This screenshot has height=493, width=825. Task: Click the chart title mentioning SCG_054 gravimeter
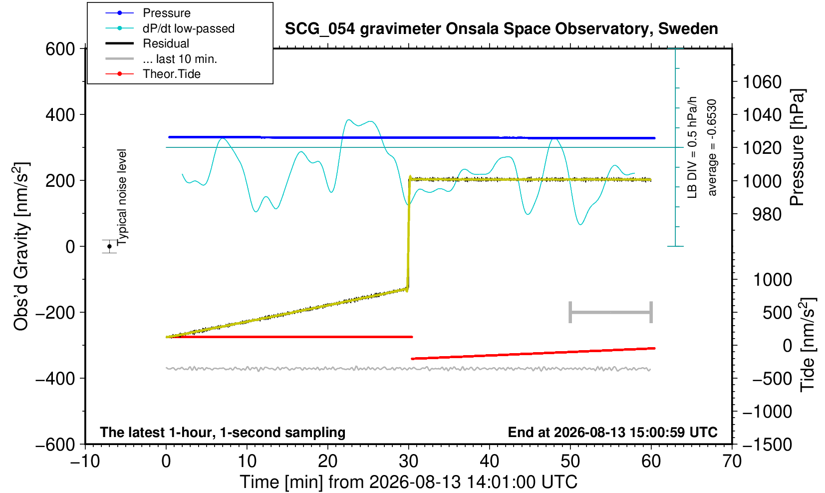(x=501, y=28)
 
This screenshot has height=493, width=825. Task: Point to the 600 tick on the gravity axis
(x=60, y=48)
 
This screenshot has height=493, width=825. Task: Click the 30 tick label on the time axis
(x=408, y=462)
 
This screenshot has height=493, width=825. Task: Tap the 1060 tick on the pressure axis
(x=762, y=81)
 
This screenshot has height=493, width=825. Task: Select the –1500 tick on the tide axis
(x=767, y=445)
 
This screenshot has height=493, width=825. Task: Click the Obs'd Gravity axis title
(x=21, y=246)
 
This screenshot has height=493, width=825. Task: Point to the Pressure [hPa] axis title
(x=798, y=147)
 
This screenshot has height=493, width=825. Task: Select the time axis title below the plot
(x=408, y=482)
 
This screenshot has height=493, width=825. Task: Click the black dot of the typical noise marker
(x=109, y=246)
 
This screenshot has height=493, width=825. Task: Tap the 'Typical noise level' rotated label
(x=122, y=197)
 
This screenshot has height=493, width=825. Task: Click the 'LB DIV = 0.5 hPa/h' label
(x=692, y=147)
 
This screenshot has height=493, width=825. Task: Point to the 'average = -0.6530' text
(x=712, y=147)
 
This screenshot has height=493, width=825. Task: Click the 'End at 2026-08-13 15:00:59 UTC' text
(x=612, y=432)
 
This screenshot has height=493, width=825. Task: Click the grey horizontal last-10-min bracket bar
(x=611, y=312)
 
